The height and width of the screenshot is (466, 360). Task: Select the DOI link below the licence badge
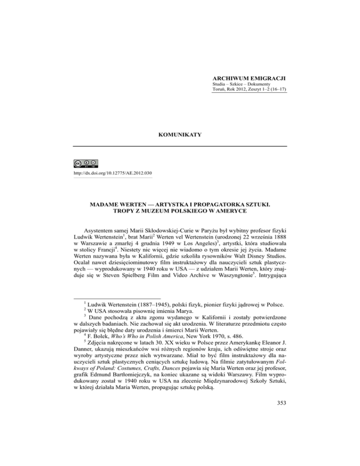click(107, 173)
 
